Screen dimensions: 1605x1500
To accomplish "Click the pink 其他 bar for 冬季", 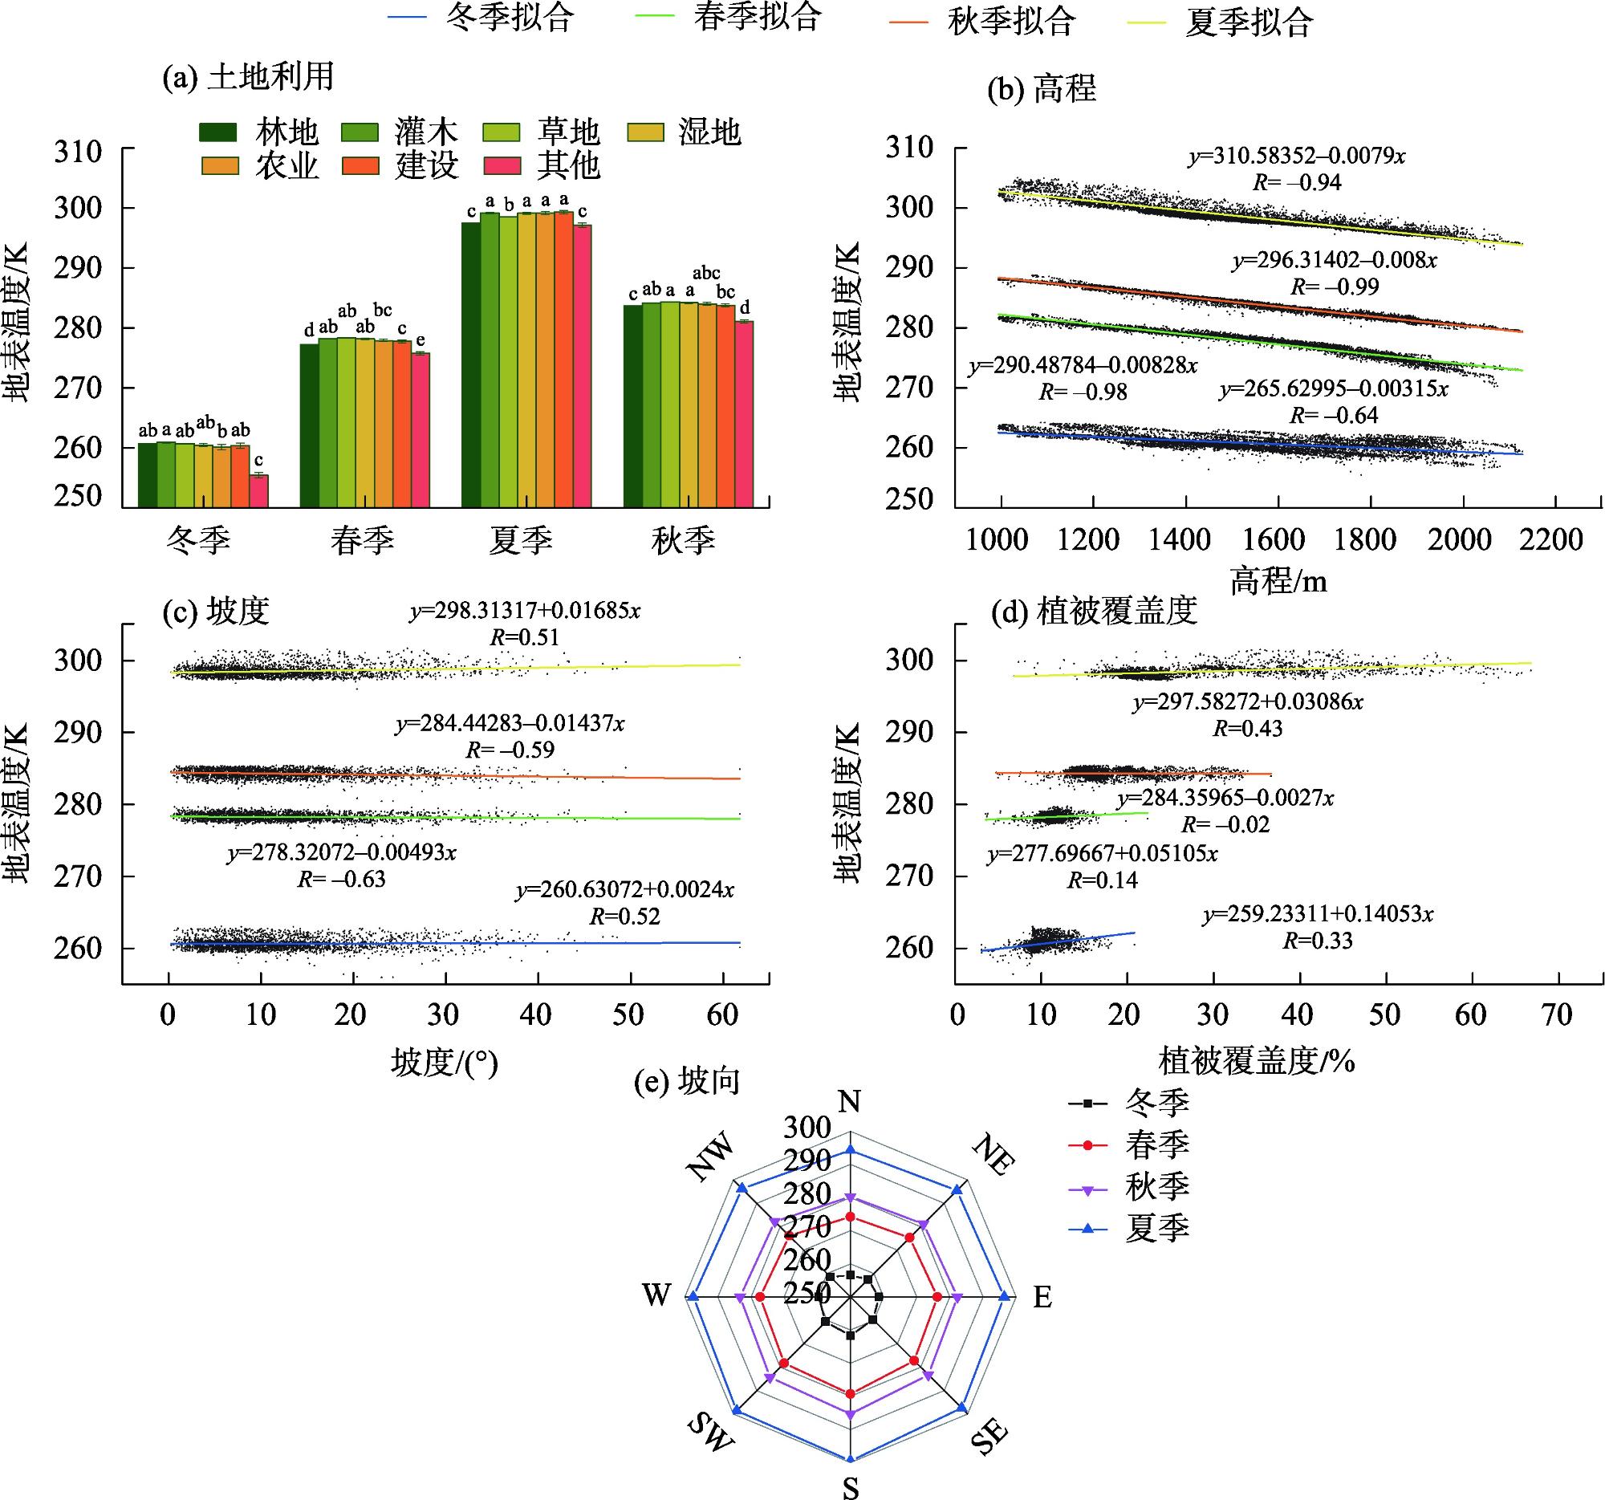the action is pos(258,491).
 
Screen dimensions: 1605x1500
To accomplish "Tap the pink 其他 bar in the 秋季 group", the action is pos(744,414).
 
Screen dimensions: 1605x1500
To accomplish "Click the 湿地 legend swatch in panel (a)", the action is pos(645,132).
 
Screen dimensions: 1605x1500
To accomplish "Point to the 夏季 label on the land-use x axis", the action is pos(521,540).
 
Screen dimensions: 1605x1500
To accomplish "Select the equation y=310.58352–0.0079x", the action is pos(1297,156).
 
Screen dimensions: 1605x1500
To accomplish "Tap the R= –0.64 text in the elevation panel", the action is pos(1334,415).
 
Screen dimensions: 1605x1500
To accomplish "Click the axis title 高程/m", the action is pos(1279,581).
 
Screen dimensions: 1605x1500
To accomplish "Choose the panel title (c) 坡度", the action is pos(216,611).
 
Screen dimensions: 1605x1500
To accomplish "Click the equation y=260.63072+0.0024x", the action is pos(625,890).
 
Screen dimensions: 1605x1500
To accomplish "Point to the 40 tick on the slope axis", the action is pos(536,1014).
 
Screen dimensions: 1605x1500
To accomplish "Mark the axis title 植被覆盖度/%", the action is pos(1257,1061).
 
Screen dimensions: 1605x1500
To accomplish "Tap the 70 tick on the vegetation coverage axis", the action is pos(1557,1014).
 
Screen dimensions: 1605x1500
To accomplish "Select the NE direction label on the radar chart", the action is pos(992,1152).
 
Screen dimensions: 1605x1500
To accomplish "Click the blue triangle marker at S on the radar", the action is pos(849,1458).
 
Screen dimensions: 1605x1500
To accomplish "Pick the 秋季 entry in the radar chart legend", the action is pos(1129,1187).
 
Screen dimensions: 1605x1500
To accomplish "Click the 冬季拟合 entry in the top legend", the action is pos(481,18).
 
